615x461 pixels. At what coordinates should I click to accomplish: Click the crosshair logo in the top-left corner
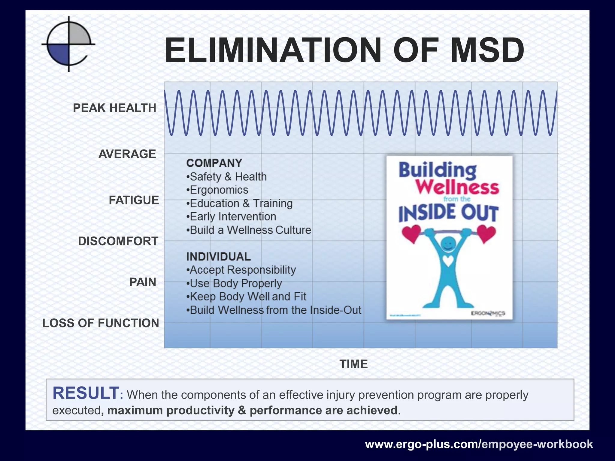[69, 44]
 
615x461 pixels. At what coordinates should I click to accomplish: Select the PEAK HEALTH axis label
[114, 108]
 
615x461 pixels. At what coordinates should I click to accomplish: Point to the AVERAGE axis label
[127, 154]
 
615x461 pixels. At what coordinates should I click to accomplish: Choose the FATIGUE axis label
[134, 200]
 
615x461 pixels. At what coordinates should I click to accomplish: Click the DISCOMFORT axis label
[118, 241]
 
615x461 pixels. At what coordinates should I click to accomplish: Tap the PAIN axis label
[143, 282]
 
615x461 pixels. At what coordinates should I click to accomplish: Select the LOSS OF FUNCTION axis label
[101, 323]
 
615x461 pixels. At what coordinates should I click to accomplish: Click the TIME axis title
[353, 364]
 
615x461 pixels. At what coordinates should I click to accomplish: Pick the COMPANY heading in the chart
[214, 163]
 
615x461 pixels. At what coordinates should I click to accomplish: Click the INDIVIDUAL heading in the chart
[218, 257]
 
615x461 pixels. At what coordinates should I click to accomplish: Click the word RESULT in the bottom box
[86, 393]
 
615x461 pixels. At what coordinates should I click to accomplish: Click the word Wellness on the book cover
[457, 187]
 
